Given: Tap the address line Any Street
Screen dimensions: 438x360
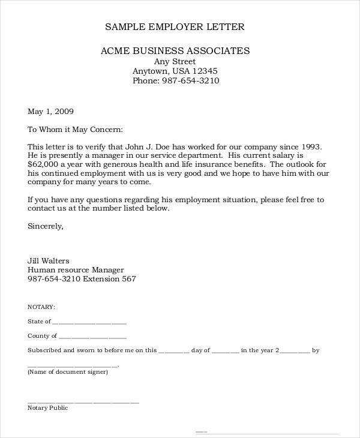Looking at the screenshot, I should (x=175, y=61).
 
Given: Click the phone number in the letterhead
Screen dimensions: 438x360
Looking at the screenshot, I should (x=191, y=81).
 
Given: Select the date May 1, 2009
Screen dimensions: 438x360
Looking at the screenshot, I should (x=51, y=112).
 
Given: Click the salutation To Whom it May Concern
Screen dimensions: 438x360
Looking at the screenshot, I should (x=75, y=130).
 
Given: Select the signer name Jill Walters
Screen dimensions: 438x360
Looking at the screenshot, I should (x=49, y=261).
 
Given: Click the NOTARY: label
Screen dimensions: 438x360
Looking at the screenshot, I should (x=41, y=306).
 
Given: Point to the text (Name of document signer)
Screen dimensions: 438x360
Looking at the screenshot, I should (x=68, y=372).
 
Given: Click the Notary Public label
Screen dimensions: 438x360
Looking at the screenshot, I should (x=48, y=408).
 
